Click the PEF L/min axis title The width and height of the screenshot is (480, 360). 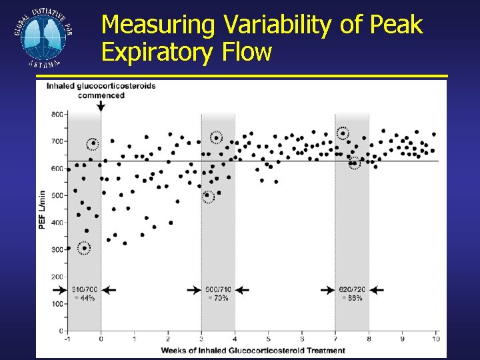pyautogui.click(x=42, y=209)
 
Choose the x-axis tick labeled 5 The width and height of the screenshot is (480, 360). pyautogui.click(x=268, y=339)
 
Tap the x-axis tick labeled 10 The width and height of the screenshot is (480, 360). pyautogui.click(x=437, y=339)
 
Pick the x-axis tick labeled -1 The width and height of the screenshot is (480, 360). pyautogui.click(x=67, y=339)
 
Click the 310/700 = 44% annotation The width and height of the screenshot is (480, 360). pyautogui.click(x=84, y=293)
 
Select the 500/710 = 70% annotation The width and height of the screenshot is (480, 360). pyautogui.click(x=217, y=293)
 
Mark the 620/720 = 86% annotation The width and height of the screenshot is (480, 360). pyautogui.click(x=351, y=293)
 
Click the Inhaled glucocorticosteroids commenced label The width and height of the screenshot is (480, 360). pyautogui.click(x=101, y=90)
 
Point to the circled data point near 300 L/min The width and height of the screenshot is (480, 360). pyautogui.click(x=85, y=248)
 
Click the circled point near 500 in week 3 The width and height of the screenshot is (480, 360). pyautogui.click(x=208, y=196)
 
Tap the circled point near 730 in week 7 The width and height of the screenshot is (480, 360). pyautogui.click(x=343, y=133)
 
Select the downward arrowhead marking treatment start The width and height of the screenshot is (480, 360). pyautogui.click(x=101, y=108)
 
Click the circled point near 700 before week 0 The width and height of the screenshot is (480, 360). pyautogui.click(x=93, y=143)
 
